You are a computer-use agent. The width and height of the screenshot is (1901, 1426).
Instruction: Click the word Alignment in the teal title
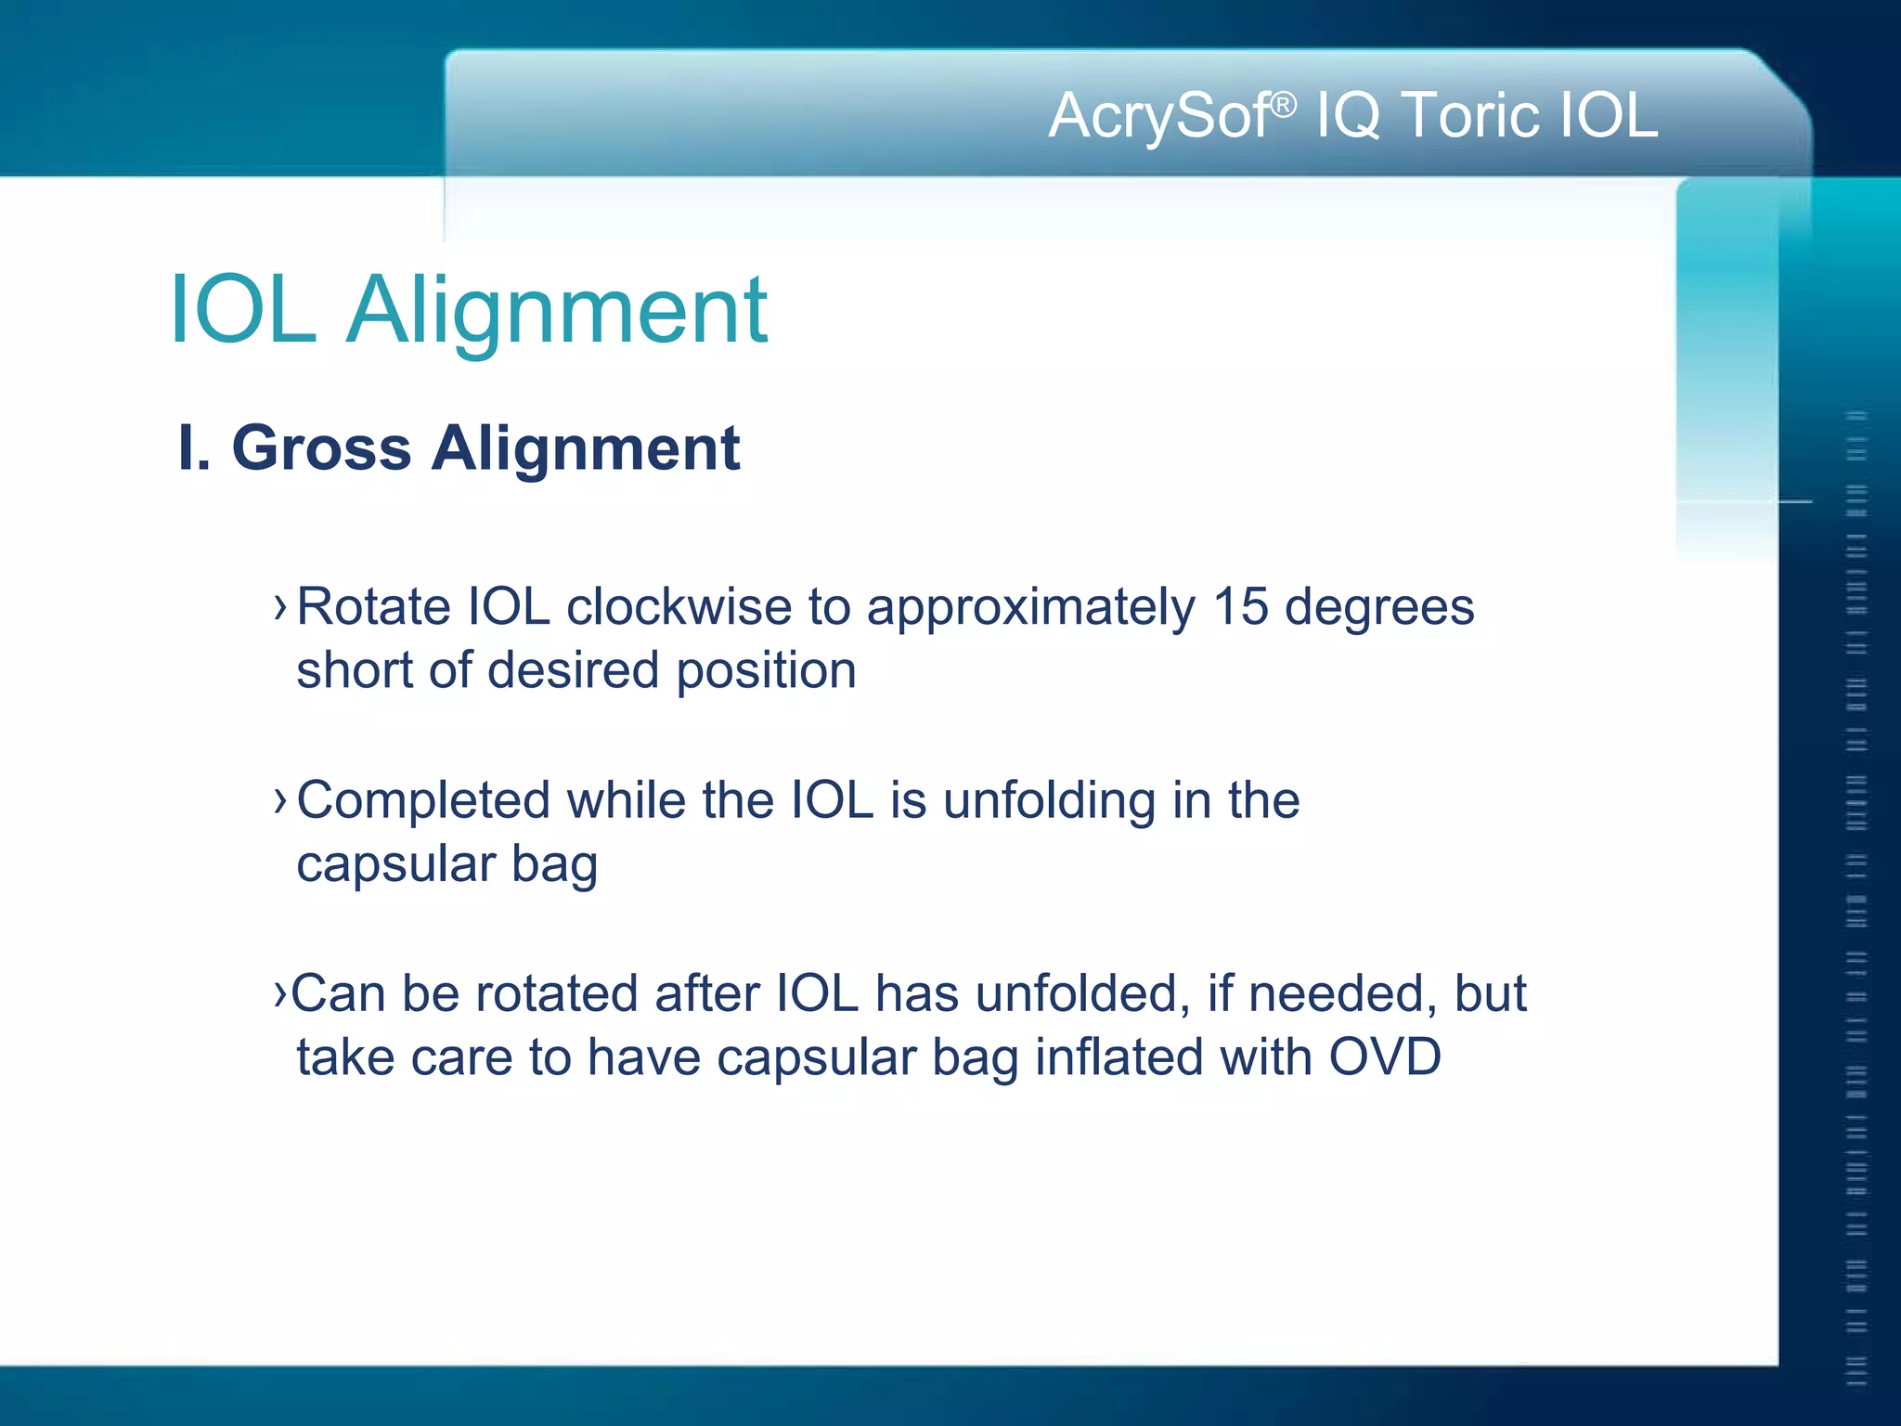click(x=557, y=311)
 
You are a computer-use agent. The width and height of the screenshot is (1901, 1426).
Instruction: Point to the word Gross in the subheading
click(x=321, y=448)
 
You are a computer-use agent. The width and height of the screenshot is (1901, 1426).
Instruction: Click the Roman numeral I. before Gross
click(x=193, y=448)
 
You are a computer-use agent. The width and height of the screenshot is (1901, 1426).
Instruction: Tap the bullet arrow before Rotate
click(x=280, y=607)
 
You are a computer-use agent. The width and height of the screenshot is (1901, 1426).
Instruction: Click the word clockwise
click(x=679, y=607)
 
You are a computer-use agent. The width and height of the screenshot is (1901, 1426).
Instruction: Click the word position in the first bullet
click(x=766, y=670)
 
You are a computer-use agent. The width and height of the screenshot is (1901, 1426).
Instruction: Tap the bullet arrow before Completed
click(x=280, y=800)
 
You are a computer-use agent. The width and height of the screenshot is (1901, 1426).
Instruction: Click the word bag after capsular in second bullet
click(x=554, y=865)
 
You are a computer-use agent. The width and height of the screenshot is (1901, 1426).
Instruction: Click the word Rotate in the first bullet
click(x=373, y=607)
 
